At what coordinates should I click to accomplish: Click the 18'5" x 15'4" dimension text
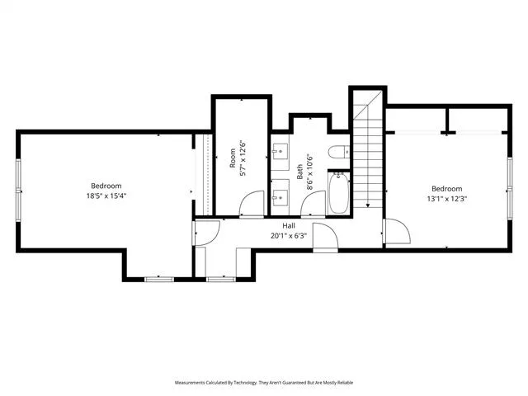pyautogui.click(x=106, y=196)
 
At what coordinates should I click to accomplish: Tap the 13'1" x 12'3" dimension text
pyautogui.click(x=447, y=199)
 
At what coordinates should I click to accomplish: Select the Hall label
pyautogui.click(x=289, y=226)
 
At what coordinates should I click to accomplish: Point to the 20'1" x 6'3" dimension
pyautogui.click(x=289, y=236)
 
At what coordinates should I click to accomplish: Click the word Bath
pyautogui.click(x=299, y=172)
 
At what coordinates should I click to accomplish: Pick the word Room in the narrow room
pyautogui.click(x=233, y=158)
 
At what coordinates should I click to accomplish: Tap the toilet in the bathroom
pyautogui.click(x=339, y=152)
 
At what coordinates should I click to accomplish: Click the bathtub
pyautogui.click(x=339, y=193)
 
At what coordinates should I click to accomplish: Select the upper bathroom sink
pyautogui.click(x=280, y=152)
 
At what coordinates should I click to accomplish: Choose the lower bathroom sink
pyautogui.click(x=280, y=198)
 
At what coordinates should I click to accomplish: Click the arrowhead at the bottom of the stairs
pyautogui.click(x=368, y=205)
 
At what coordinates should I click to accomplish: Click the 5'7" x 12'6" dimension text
pyautogui.click(x=243, y=158)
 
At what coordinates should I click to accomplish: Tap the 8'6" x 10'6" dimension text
pyautogui.click(x=310, y=172)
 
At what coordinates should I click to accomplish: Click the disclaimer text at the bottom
pyautogui.click(x=264, y=383)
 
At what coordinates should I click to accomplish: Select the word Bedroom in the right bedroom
pyautogui.click(x=447, y=189)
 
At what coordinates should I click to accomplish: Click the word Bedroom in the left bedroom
pyautogui.click(x=106, y=186)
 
